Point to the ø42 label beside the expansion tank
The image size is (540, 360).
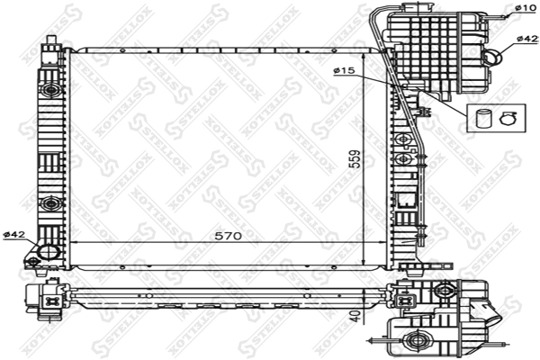pos(527,40)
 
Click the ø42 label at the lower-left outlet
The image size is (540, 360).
pos(13,235)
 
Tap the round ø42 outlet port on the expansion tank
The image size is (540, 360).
pos(495,56)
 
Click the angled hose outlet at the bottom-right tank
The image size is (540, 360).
pos(493,316)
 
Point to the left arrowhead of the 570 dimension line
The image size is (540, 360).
pos(74,244)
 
